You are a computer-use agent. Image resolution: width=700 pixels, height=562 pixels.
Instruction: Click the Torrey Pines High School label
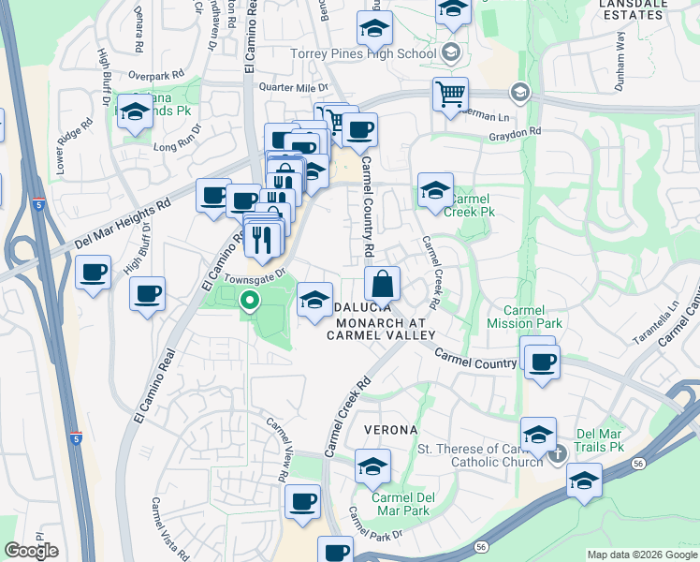363,53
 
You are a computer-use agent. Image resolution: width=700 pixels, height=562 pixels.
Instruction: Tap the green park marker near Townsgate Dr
250,302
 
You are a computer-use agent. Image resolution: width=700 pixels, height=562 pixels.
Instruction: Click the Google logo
31,551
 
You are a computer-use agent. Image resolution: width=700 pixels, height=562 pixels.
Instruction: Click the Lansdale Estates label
646,9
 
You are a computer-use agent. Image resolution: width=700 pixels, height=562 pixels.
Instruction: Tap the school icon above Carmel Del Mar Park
372,466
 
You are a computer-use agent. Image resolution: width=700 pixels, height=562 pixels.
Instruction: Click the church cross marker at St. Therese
559,455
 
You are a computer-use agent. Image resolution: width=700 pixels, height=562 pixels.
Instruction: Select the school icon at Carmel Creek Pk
435,189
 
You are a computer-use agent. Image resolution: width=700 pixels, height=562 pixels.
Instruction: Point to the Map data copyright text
642,555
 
